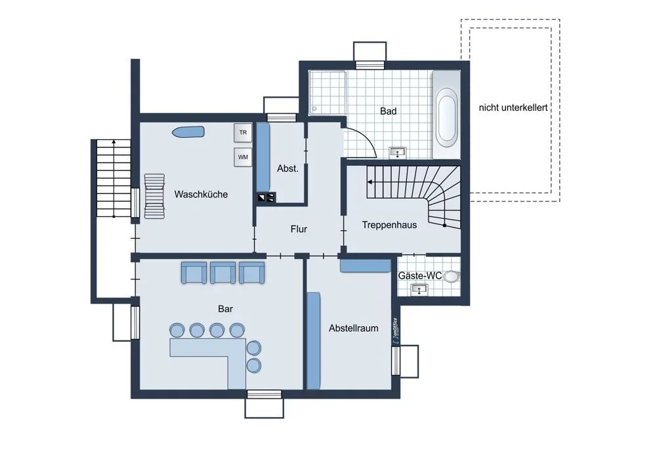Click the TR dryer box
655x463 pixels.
pyautogui.click(x=243, y=132)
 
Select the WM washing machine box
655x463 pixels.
pyautogui.click(x=243, y=157)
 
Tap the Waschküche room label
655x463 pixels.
pyautogui.click(x=201, y=194)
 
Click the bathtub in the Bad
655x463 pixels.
pyautogui.click(x=446, y=115)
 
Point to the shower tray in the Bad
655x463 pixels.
pyautogui.click(x=327, y=92)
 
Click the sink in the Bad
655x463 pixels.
pyautogui.click(x=397, y=152)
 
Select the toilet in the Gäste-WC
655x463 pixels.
pyautogui.click(x=451, y=276)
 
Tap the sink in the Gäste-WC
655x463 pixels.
pyautogui.click(x=419, y=289)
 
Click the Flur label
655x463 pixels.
pyautogui.click(x=299, y=229)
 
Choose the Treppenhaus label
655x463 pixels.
pyautogui.click(x=389, y=225)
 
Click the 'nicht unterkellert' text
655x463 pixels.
pyautogui.click(x=513, y=108)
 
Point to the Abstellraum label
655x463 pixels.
pyautogui.click(x=353, y=328)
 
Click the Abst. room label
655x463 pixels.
pyautogui.click(x=288, y=169)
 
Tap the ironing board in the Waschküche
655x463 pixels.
pyautogui.click(x=188, y=132)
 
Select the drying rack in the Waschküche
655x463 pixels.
pyautogui.click(x=154, y=196)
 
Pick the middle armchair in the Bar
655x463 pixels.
pyautogui.click(x=222, y=273)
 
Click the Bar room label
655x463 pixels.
pyautogui.click(x=225, y=309)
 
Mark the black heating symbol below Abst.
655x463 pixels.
pyautogui.click(x=266, y=197)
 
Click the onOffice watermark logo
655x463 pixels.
pyautogui.click(x=395, y=331)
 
